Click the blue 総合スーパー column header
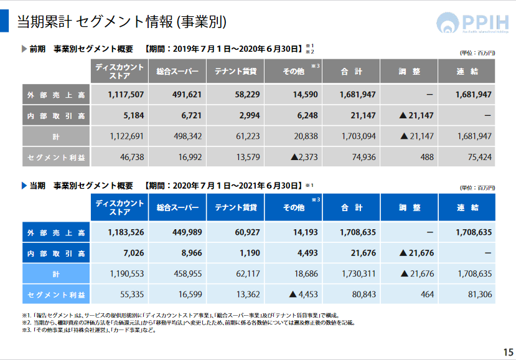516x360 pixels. click(x=178, y=207)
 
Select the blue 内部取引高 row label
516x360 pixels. click(x=56, y=253)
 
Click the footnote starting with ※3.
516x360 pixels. click(x=87, y=330)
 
